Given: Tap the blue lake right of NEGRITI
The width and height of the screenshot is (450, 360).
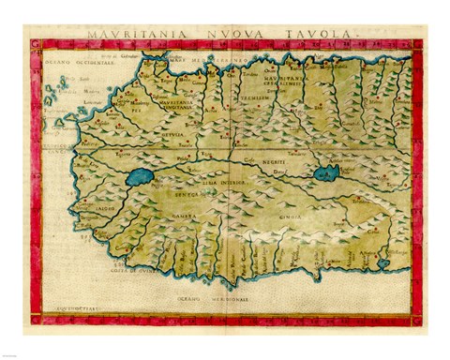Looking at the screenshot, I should pyautogui.click(x=326, y=172).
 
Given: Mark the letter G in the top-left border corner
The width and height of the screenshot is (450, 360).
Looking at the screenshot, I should pyautogui.click(x=36, y=44).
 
